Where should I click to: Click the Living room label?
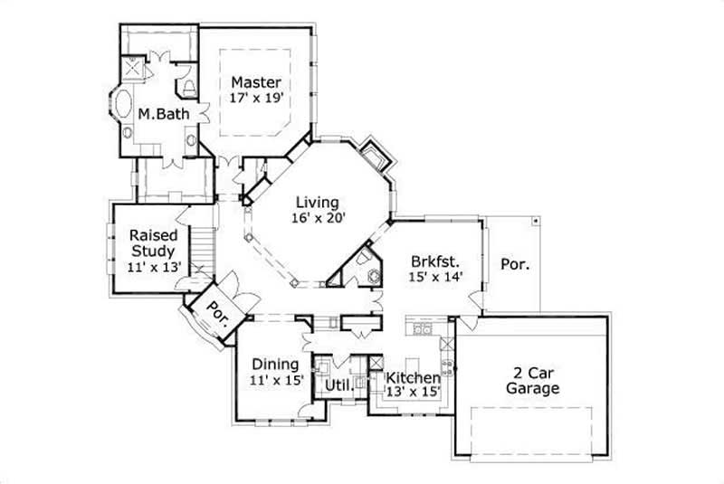point(315,202)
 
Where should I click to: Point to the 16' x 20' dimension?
point(315,217)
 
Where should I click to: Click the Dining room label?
point(275,365)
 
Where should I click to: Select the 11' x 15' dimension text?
point(275,380)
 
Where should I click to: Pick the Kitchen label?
point(414,377)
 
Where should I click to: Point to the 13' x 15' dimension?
point(414,393)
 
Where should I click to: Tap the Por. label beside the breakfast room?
point(514,265)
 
